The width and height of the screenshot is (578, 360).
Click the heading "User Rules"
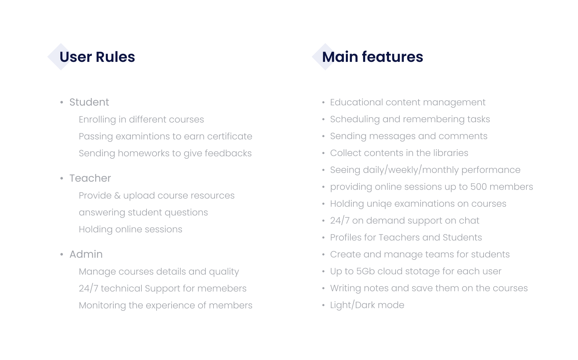tap(97, 57)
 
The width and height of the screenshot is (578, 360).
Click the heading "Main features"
tap(372, 57)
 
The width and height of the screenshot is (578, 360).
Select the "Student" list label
tap(89, 102)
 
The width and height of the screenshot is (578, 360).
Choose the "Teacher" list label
tap(90, 178)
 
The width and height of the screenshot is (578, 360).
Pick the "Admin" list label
tap(86, 254)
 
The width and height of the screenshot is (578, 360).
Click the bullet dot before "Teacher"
tap(62, 178)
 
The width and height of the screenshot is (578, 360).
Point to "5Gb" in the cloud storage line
tap(365, 271)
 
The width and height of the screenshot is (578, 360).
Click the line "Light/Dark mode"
tap(367, 305)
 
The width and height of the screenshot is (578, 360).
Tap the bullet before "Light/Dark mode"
tap(323, 305)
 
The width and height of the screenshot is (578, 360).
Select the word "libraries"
tap(450, 153)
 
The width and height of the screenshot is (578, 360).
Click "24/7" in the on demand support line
tap(340, 221)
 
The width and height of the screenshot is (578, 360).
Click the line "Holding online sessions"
tap(131, 229)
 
